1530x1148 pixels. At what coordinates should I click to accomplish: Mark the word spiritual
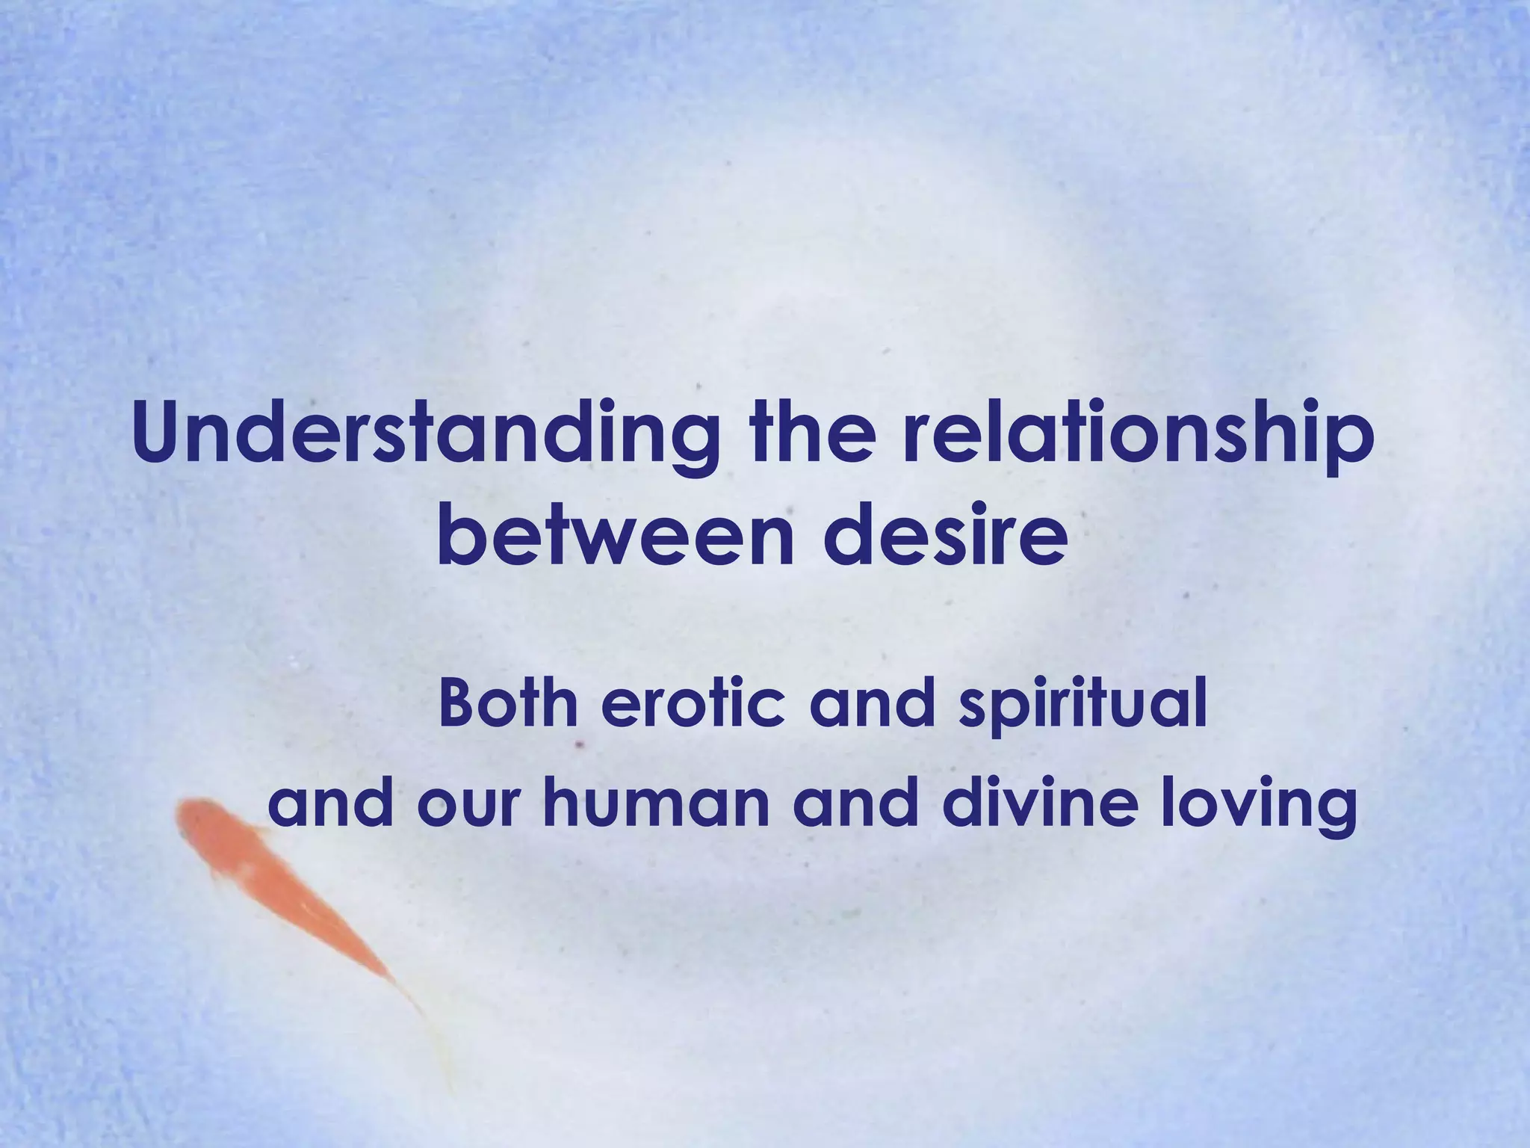(1083, 706)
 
